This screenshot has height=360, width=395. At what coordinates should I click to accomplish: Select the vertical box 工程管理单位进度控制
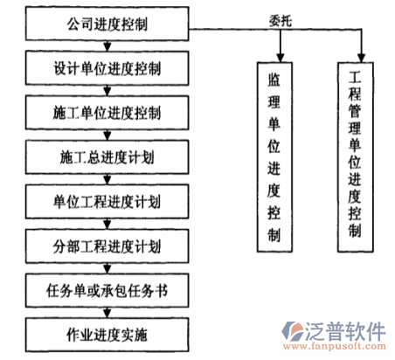(x=354, y=149)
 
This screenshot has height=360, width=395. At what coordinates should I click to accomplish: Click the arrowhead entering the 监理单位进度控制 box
(x=274, y=56)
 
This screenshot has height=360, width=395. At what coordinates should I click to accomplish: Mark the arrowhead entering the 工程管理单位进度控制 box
(x=354, y=56)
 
